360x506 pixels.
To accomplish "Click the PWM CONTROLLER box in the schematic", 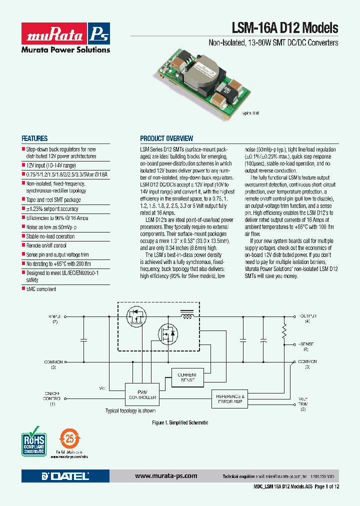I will pos(142,394).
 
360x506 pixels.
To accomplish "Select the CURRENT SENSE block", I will pos(187,377).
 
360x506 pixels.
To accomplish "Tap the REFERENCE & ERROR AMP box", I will pos(229,399).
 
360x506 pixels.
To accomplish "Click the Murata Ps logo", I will pos(65,33).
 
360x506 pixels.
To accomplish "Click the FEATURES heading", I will pos(34,138).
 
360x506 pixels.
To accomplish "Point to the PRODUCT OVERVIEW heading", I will pos(166,138).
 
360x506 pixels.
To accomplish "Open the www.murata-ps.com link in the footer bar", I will pos(166,476).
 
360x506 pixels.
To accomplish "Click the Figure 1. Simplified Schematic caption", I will pos(180,422).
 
